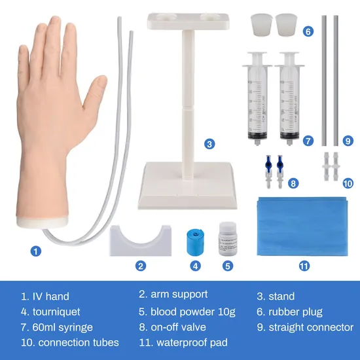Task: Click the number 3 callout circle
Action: click(209, 144)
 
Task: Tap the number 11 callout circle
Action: click(304, 266)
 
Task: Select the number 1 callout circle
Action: click(37, 249)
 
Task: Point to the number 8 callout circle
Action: click(293, 184)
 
